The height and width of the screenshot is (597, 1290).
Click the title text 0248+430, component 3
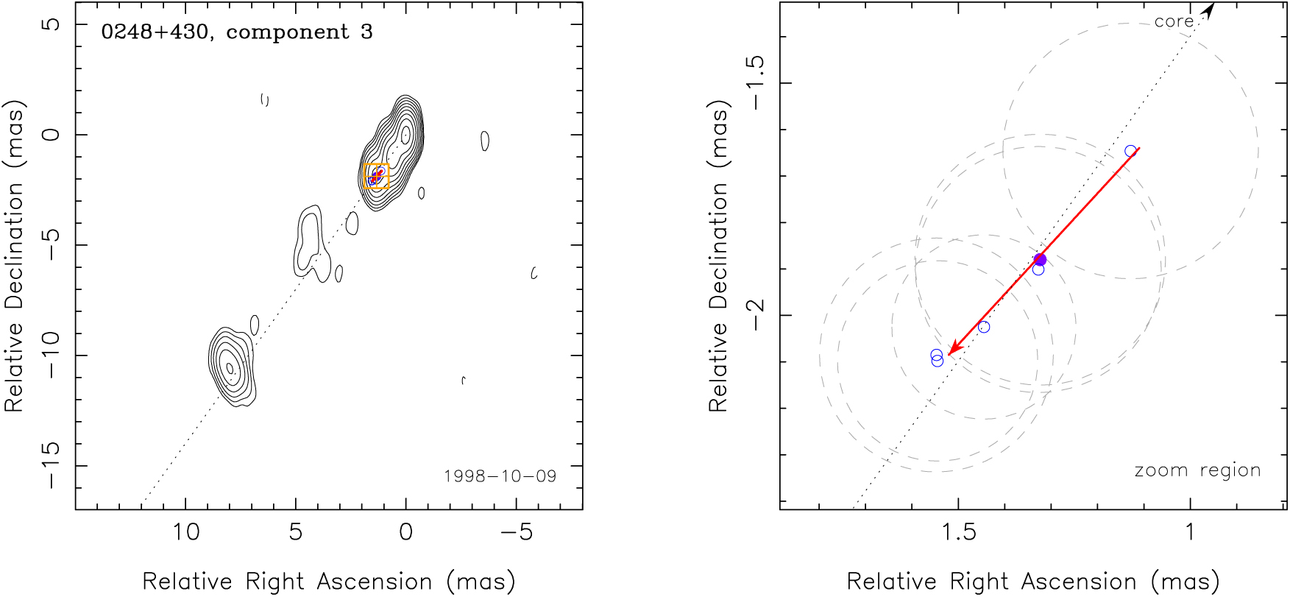coord(236,32)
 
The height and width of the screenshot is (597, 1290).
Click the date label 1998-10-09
coord(500,476)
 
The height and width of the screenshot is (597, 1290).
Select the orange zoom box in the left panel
coord(376,177)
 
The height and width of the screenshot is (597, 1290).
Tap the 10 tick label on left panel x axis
coord(185,531)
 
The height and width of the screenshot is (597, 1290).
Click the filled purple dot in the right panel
coord(1040,259)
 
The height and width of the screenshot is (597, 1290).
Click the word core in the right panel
coord(1174,22)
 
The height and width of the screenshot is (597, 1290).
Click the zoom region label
coord(1197,470)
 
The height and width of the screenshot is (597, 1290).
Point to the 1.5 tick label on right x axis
coord(959,531)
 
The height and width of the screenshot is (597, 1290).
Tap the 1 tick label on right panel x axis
coord(1190,531)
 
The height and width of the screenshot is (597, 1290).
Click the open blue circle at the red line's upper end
coord(1130,151)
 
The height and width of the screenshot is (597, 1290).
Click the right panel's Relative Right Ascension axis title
coord(1033,582)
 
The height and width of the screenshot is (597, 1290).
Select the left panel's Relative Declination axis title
coord(15,255)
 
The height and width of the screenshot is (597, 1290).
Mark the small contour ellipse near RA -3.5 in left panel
coord(484,141)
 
